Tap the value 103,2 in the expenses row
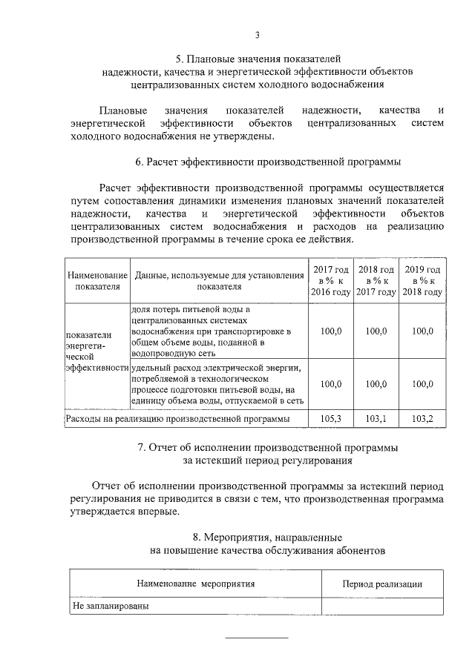(x=422, y=420)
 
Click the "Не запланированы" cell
(x=108, y=606)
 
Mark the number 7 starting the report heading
(x=142, y=449)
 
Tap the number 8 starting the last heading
(x=195, y=536)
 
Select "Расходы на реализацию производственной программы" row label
(x=177, y=420)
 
